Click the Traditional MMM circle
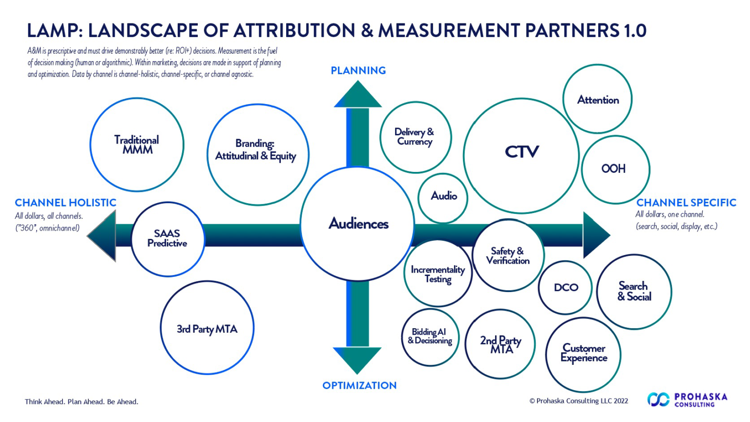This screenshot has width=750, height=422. coord(137,145)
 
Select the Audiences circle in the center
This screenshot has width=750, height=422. coord(358,224)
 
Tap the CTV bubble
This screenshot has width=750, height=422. coord(521,156)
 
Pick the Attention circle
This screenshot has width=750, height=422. coord(597,99)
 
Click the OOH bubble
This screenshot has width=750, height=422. coord(615,169)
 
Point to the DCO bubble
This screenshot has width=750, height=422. coord(565,288)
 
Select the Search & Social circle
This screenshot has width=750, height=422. coord(634,292)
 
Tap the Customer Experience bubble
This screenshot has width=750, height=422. coord(583,354)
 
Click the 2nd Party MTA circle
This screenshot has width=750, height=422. coord(500,344)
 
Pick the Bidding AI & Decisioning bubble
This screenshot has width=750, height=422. coord(430,337)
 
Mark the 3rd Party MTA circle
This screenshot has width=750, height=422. coord(207,328)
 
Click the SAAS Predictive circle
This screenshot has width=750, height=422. coord(167,239)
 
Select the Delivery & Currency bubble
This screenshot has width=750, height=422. coord(415,137)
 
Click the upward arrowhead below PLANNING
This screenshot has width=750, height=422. coord(358,95)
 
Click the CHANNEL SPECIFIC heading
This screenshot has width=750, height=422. coord(686,203)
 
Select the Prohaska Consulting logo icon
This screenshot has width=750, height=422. coord(658,400)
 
